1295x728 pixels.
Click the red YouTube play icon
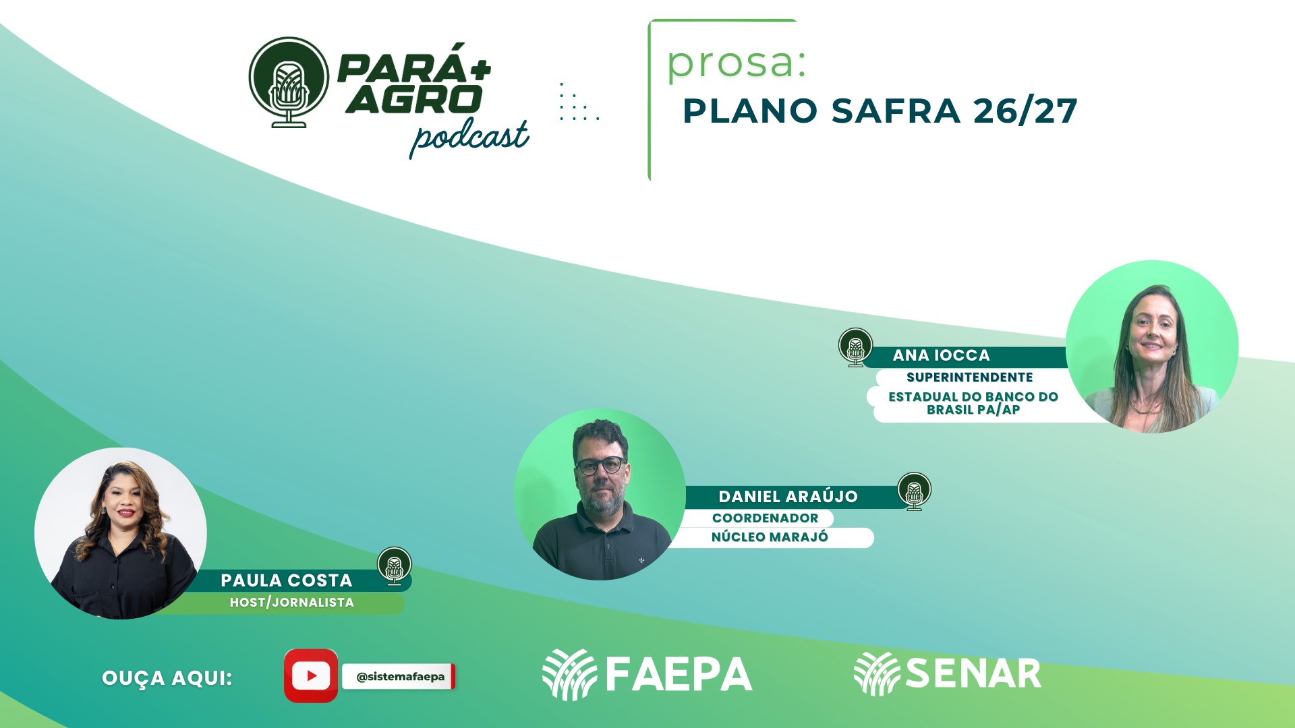[x=311, y=675]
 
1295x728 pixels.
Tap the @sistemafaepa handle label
[x=400, y=677]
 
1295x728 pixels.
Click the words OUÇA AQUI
[x=167, y=678]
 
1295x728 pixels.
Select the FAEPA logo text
[x=679, y=675]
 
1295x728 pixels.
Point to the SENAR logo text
[x=973, y=673]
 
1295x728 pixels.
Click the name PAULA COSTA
[x=287, y=580]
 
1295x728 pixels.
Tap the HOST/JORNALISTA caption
[x=292, y=603]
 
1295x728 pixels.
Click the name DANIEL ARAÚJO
[x=788, y=497]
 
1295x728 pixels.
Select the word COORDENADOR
[x=766, y=518]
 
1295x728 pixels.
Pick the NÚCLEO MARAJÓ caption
[x=770, y=537]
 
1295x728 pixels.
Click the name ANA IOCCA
[x=942, y=355]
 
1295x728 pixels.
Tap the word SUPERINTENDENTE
[x=970, y=377]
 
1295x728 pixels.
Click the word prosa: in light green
[x=737, y=63]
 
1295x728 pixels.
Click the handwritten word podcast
[x=469, y=138]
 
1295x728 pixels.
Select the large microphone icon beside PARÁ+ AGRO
[x=289, y=82]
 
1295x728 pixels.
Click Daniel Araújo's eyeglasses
[x=600, y=465]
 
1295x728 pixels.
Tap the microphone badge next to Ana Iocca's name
[x=855, y=347]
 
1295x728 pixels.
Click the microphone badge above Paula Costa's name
[x=395, y=566]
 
